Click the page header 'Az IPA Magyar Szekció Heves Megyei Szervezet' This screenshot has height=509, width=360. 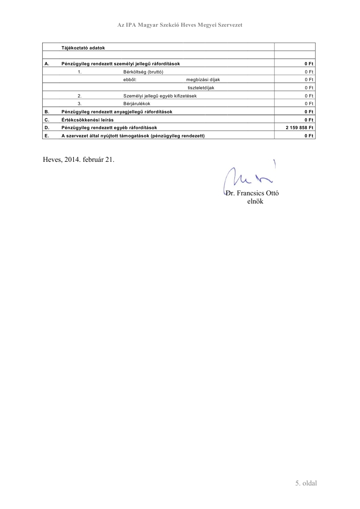[x=180, y=25]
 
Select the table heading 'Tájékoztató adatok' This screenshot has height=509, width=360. [x=83, y=48]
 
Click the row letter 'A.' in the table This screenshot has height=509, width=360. [x=47, y=63]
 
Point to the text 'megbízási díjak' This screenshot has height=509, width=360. [x=203, y=79]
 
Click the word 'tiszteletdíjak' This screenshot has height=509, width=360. [x=200, y=87]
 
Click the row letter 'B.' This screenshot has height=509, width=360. [x=47, y=111]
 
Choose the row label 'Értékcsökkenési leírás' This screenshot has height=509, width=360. [x=87, y=120]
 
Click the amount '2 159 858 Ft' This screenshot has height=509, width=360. [x=299, y=128]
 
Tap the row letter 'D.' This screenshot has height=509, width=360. [x=47, y=128]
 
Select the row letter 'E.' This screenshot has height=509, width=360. [x=47, y=136]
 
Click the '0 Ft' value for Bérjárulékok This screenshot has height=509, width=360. [x=309, y=103]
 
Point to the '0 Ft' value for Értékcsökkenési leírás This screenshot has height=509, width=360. [x=309, y=120]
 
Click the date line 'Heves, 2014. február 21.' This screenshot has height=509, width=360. [x=78, y=160]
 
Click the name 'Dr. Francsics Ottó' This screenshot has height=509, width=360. [x=253, y=194]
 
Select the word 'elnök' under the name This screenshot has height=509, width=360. [x=255, y=202]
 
